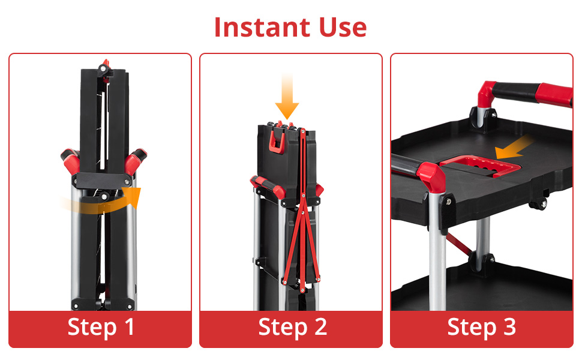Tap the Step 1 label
coord(101,327)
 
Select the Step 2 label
coord(292,327)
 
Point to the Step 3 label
coord(482,327)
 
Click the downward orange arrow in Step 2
coord(287,97)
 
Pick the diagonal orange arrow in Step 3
coord(514,148)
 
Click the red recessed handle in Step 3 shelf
coord(479,165)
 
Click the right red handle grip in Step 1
coord(135,160)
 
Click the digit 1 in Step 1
coord(129,326)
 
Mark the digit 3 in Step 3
coord(509,326)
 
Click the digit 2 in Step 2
coord(320,326)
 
